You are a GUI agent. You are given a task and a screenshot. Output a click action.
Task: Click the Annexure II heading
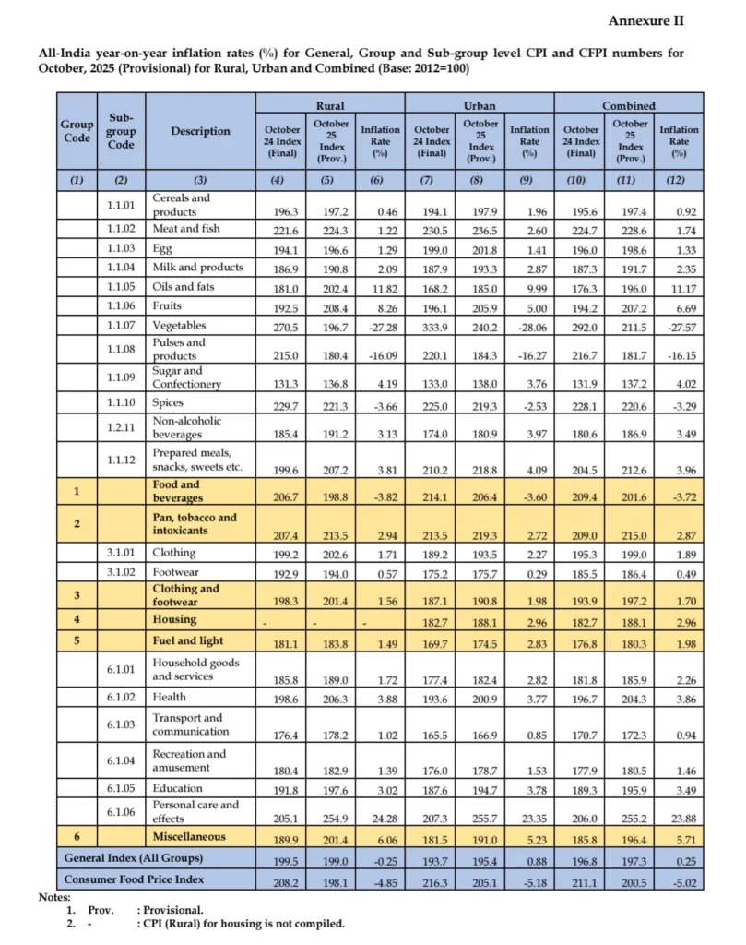pos(645,20)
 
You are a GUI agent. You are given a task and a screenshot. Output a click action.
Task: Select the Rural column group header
pos(330,106)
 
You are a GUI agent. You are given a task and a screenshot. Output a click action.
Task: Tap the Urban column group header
pos(480,106)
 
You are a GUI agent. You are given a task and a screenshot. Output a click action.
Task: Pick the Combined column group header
pos(629,106)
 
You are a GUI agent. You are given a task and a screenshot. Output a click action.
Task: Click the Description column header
pos(200,131)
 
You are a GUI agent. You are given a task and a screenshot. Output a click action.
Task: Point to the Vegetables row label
pos(179,325)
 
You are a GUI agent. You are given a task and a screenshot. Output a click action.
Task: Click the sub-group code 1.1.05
pos(121,286)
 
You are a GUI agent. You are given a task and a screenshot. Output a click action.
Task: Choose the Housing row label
pos(175,620)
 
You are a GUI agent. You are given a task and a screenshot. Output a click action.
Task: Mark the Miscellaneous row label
pos(190,836)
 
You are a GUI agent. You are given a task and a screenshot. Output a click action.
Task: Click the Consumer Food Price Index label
pos(135,879)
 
